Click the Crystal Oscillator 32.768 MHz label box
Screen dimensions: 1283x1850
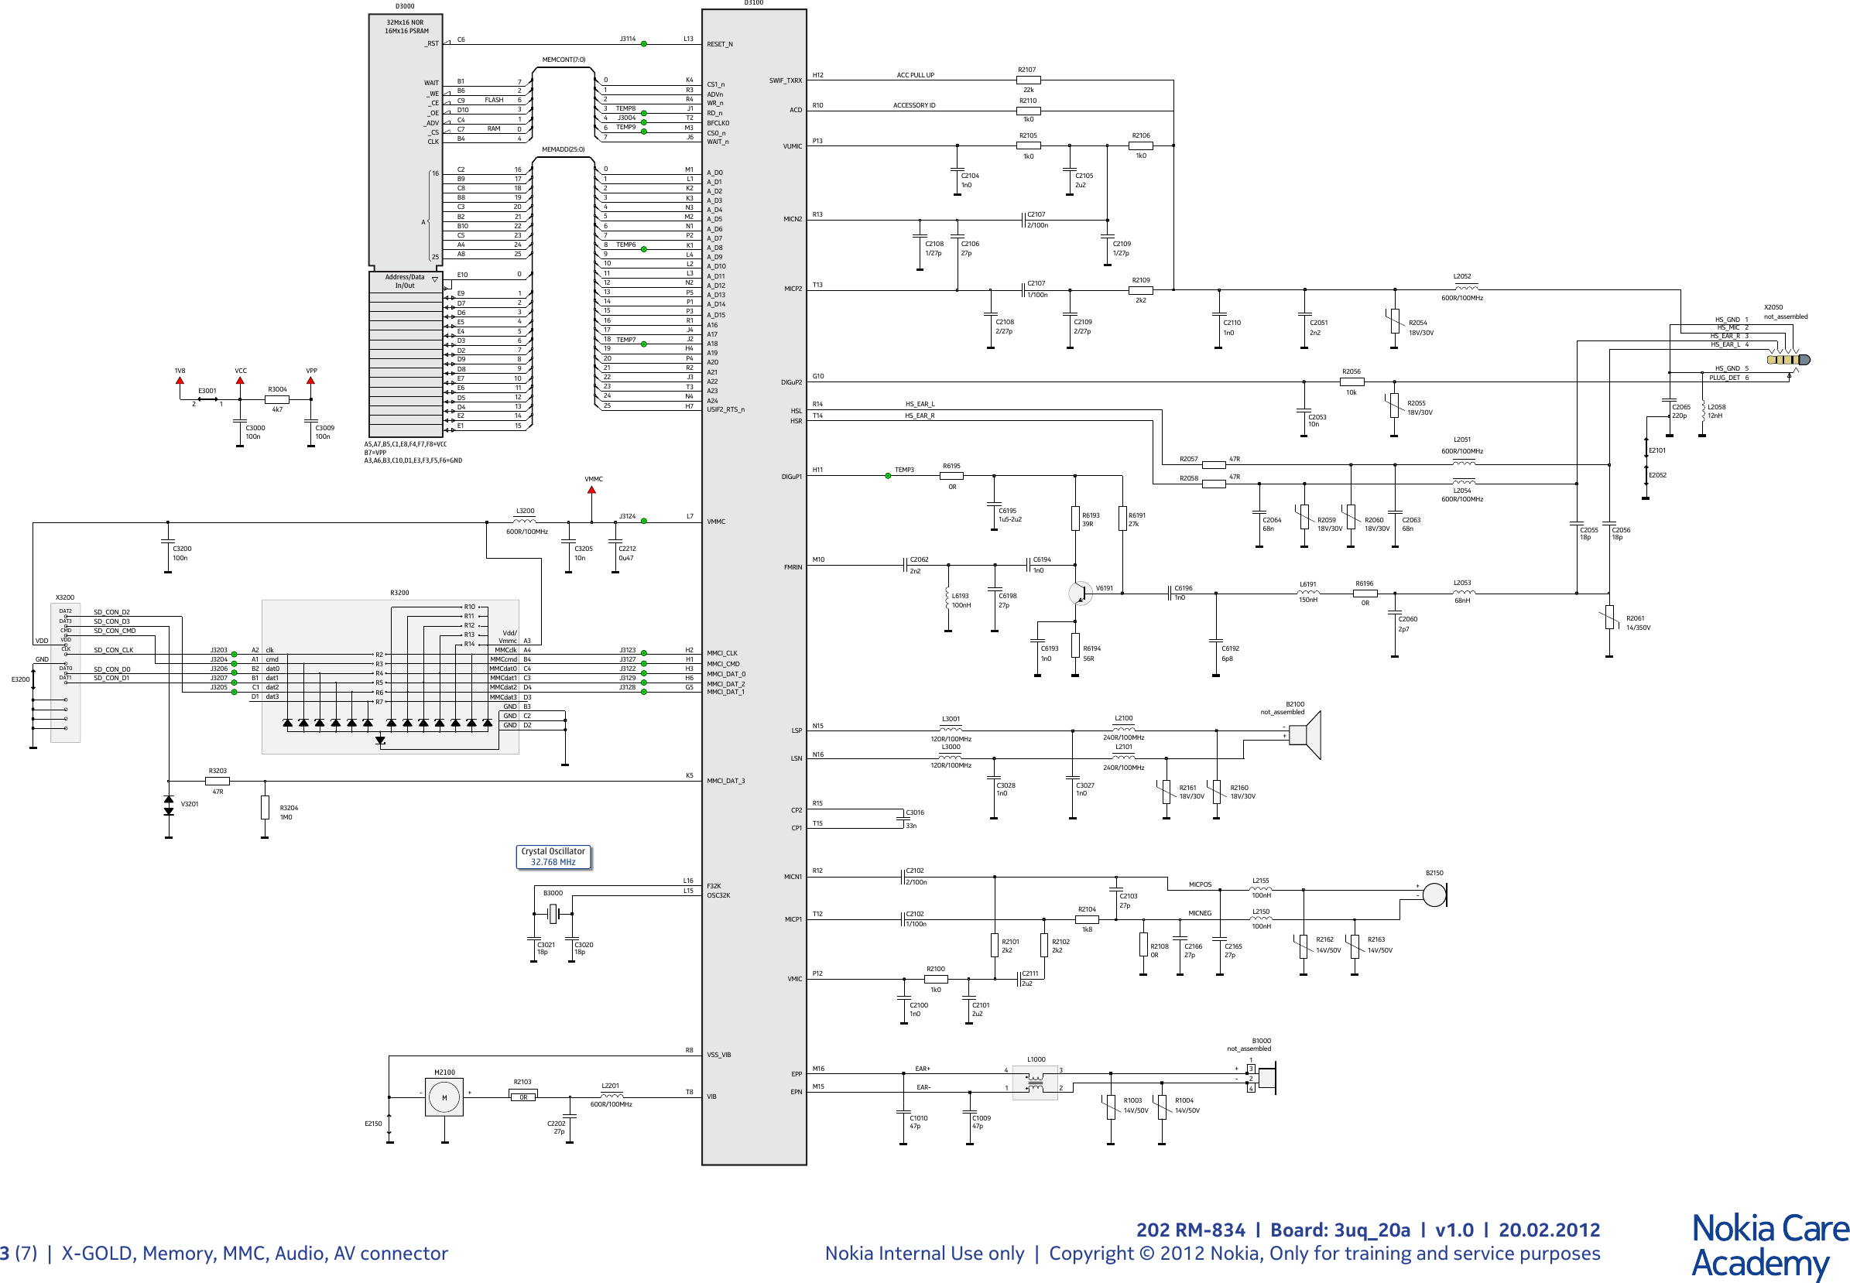pos(553,856)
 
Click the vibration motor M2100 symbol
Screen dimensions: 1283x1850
pos(444,1097)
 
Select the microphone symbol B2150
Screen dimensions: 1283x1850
pos(1434,895)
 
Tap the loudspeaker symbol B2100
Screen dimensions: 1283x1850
pos(1307,735)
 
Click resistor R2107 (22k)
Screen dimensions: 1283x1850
pos(1028,80)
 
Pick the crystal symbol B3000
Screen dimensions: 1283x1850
pos(553,913)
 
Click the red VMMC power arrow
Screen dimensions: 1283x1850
pos(591,492)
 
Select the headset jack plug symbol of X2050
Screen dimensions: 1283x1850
pos(1788,359)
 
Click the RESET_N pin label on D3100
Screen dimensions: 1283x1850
pos(720,44)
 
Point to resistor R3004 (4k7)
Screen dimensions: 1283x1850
pos(276,399)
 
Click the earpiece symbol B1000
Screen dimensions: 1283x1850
pos(1266,1079)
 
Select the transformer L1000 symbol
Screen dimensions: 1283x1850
pos(1035,1082)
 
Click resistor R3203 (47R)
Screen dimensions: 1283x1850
pos(217,781)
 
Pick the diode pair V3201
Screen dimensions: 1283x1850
pos(168,806)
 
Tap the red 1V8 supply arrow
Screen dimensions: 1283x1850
pos(180,381)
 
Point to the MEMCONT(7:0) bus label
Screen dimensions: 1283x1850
pos(564,60)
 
